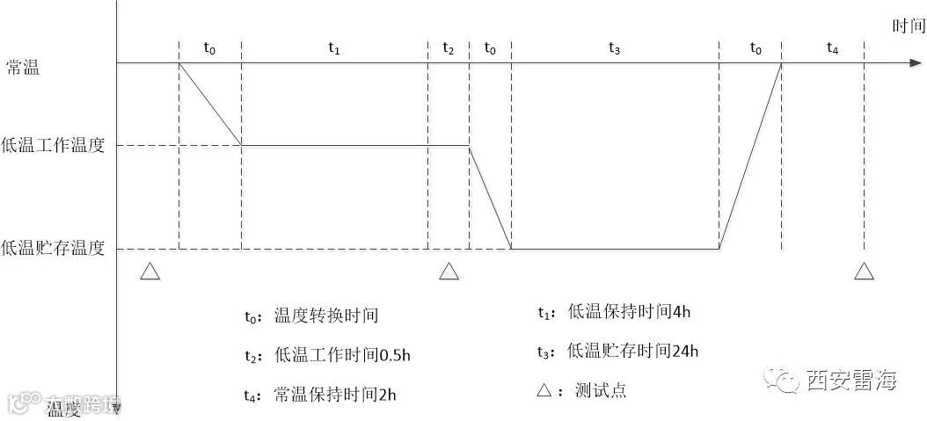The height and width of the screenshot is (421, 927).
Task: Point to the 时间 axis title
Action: [x=909, y=26]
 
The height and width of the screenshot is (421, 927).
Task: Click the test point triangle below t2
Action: [x=449, y=272]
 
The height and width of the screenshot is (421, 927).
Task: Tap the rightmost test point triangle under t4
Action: [x=864, y=272]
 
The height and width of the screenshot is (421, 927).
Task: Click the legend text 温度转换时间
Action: [x=326, y=316]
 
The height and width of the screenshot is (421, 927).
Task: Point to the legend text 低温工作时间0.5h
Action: [x=343, y=355]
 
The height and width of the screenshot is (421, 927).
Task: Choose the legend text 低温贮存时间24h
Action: [x=633, y=351]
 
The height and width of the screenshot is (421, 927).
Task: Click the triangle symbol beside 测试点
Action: [x=544, y=390]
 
